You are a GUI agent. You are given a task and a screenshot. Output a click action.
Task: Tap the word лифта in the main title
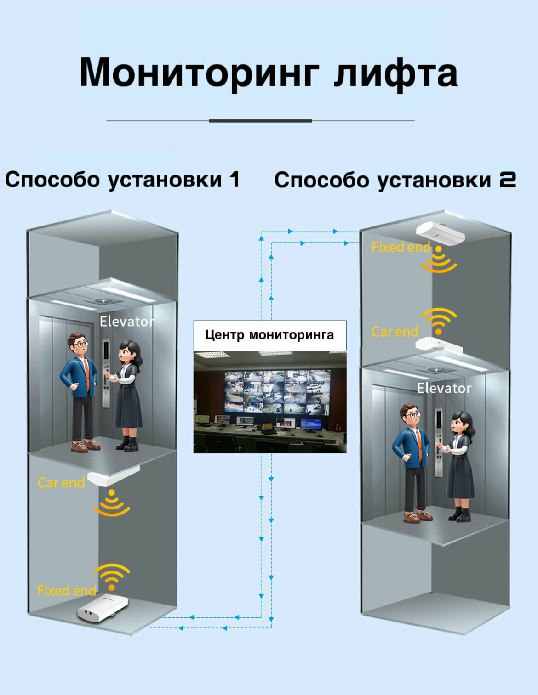[x=395, y=73]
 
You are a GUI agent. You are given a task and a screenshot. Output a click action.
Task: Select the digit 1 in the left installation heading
[x=235, y=179]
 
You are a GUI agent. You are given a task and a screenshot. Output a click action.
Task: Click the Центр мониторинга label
[x=269, y=335]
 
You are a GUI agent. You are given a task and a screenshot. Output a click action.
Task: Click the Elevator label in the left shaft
[x=127, y=322]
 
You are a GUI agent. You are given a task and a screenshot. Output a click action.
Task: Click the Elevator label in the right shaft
[x=444, y=389]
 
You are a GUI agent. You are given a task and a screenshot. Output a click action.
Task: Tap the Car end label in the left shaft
[x=61, y=483]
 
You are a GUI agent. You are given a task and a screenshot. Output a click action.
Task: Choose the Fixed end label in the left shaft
[x=67, y=590]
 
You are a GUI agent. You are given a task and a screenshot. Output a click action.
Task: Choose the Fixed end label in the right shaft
[x=401, y=248]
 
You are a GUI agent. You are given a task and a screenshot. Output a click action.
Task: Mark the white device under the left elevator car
[x=113, y=476]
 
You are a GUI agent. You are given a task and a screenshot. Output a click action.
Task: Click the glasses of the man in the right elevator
[x=413, y=415]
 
